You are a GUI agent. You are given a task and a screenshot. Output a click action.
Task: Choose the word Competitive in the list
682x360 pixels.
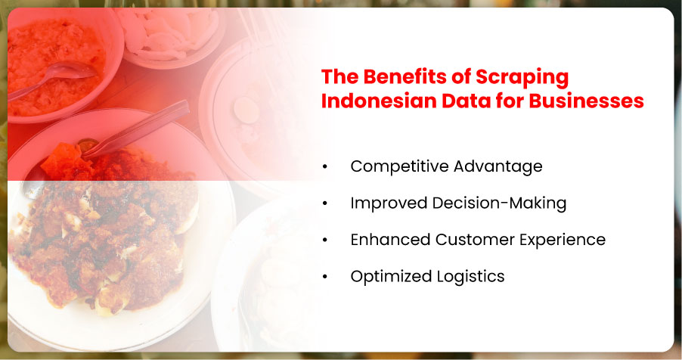tap(399, 166)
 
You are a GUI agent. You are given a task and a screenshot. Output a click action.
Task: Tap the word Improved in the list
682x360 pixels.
tap(389, 203)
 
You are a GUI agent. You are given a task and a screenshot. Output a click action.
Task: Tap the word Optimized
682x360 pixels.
tap(391, 277)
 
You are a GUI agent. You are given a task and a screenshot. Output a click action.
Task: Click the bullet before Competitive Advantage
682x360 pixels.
tap(325, 166)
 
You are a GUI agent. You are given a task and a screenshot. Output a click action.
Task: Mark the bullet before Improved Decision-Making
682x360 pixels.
tap(325, 203)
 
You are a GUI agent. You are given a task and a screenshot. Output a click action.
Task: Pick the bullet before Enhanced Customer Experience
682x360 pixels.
tap(325, 240)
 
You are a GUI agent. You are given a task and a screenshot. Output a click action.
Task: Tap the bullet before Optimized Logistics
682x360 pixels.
tap(325, 276)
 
